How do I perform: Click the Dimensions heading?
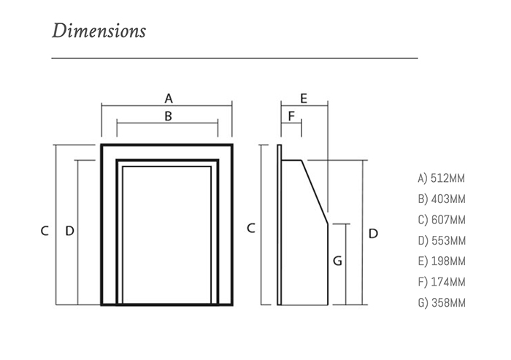pyautogui.click(x=99, y=31)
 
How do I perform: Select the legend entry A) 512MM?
pyautogui.click(x=441, y=177)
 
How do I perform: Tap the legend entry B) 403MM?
pyautogui.click(x=441, y=199)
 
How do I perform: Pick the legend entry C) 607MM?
pyautogui.click(x=441, y=219)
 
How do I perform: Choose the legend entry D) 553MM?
pyautogui.click(x=441, y=240)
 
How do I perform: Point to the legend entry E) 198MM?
pyautogui.click(x=441, y=261)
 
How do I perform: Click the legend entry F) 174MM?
pyautogui.click(x=441, y=282)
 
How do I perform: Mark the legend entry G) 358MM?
pyautogui.click(x=441, y=303)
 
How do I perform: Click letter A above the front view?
pyautogui.click(x=168, y=97)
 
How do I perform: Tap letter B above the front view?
pyautogui.click(x=168, y=115)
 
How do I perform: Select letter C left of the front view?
pyautogui.click(x=45, y=231)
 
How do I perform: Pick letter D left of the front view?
pyautogui.click(x=69, y=231)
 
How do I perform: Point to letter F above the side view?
pyautogui.click(x=291, y=116)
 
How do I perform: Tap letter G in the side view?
pyautogui.click(x=337, y=261)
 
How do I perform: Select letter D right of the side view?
pyautogui.click(x=372, y=234)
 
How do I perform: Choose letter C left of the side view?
pyautogui.click(x=250, y=228)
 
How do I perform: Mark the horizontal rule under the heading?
pyautogui.click(x=234, y=58)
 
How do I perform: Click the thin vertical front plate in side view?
pyautogui.click(x=279, y=226)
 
